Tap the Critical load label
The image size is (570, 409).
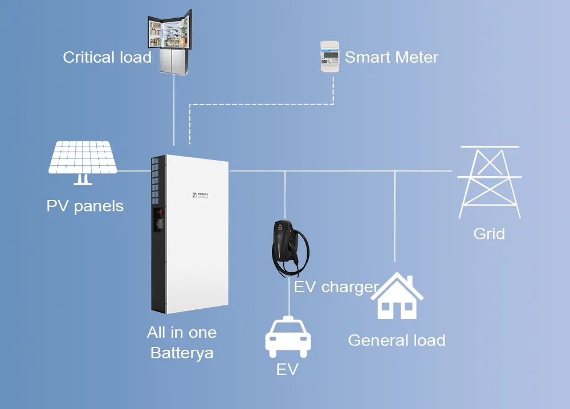point(107,58)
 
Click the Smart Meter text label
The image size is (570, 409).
point(392,58)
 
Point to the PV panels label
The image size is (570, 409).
point(85,206)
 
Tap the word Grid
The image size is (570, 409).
point(489,234)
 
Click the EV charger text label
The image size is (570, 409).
point(336,287)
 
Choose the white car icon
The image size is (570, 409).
point(289,338)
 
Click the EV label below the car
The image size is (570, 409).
point(287,370)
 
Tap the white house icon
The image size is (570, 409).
point(401,296)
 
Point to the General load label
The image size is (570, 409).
point(396,341)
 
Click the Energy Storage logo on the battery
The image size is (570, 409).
point(201,196)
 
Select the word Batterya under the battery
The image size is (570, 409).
point(182,353)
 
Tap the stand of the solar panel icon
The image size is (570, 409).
point(83,179)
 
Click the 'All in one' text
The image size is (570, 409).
point(182,333)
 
